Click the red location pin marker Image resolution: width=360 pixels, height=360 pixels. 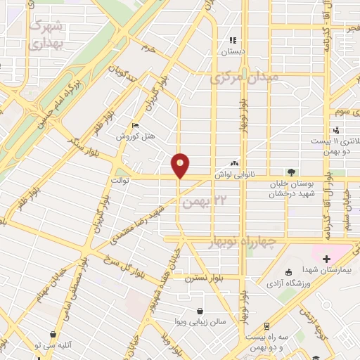(x=180, y=165)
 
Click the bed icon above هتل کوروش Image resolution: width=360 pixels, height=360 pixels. (x=136, y=126)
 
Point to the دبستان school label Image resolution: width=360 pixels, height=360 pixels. (x=232, y=52)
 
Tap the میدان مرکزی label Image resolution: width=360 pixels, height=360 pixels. (x=244, y=77)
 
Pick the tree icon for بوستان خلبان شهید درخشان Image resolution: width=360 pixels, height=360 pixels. (x=290, y=172)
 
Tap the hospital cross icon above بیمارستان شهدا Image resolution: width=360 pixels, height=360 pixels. (x=326, y=259)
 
